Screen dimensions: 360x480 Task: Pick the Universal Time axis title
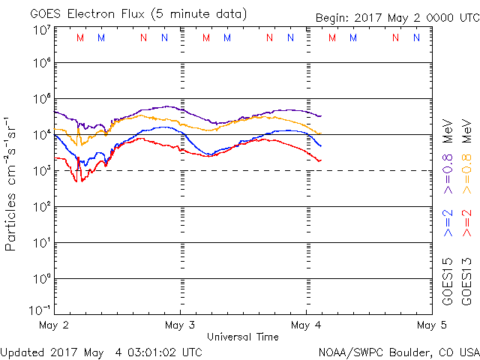(x=243, y=337)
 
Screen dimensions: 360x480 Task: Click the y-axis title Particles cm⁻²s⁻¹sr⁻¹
(x=11, y=183)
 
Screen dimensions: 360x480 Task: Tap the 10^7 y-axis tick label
(x=41, y=30)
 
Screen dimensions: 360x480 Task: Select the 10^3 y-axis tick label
(x=41, y=171)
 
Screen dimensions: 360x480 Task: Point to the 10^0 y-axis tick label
(x=41, y=279)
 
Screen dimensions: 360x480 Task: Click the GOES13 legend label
(x=467, y=282)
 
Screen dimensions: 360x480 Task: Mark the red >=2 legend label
(x=467, y=223)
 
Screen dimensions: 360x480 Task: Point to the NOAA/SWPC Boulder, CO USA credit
(x=398, y=352)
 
